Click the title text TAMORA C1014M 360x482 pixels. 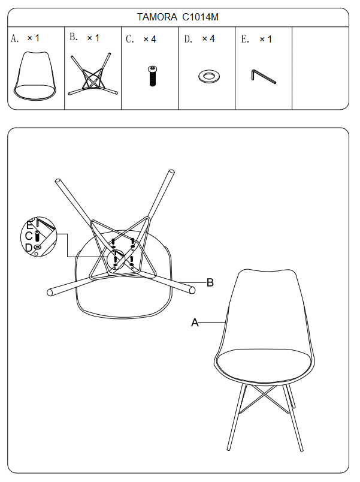(x=177, y=17)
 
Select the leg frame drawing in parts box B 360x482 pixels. (x=93, y=74)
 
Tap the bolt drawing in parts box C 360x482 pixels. (x=153, y=76)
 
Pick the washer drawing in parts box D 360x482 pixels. (x=209, y=76)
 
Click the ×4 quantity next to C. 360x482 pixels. (x=150, y=39)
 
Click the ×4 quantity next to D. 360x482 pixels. (x=208, y=39)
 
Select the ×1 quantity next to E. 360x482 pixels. (x=266, y=39)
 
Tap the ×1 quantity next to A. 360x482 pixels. (x=34, y=38)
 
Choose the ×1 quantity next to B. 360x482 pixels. (x=93, y=38)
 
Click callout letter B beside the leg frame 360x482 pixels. (x=210, y=282)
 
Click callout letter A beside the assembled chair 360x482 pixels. (x=195, y=323)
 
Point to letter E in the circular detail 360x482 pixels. (x=29, y=225)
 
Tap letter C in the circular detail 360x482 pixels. (x=29, y=236)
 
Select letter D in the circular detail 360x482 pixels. (x=29, y=248)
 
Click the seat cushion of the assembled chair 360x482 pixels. (x=264, y=365)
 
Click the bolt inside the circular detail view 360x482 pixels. (x=38, y=236)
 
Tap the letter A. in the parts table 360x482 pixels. (x=14, y=38)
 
